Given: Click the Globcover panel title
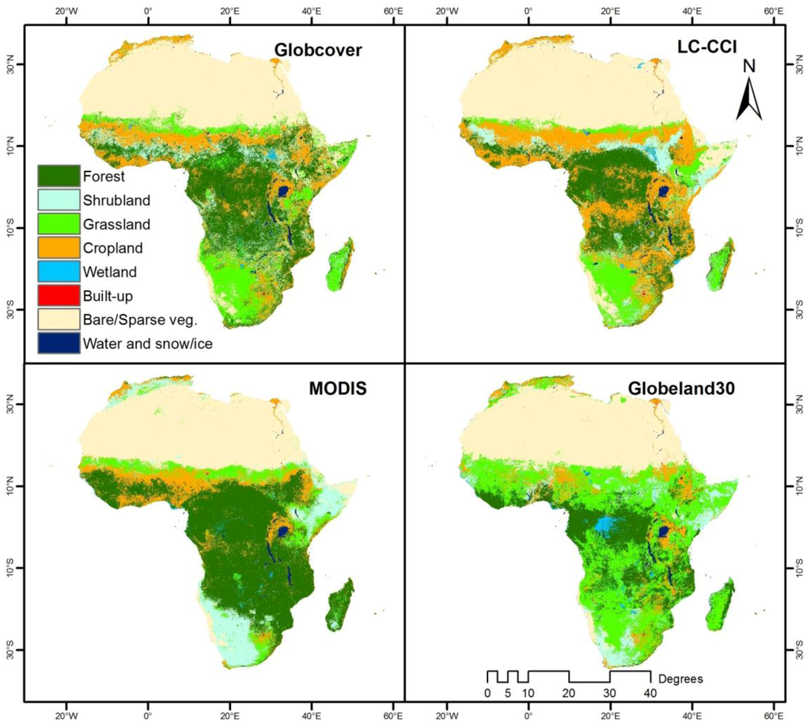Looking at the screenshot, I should [x=317, y=49].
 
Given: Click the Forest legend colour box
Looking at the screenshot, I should [x=59, y=177].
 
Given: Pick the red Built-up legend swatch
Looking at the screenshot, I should [x=59, y=295].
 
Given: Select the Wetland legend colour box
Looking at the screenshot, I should [x=59, y=272].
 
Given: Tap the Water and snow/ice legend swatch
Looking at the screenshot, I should [x=59, y=343].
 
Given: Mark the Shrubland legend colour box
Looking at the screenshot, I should [x=59, y=200].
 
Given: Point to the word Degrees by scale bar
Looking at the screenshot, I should [x=681, y=678].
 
